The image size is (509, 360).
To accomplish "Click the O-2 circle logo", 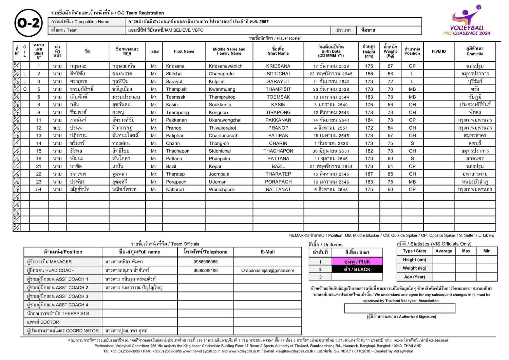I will [29, 23].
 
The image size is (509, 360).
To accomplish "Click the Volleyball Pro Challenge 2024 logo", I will [467, 21].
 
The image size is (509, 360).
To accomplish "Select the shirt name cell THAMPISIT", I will [278, 89].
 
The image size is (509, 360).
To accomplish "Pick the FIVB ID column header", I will [438, 52].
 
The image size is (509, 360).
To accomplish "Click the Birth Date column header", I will [331, 51].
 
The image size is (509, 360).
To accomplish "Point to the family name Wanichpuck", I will [222, 190].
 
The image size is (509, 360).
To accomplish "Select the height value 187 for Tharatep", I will [369, 174].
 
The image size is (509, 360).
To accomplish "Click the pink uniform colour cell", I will [357, 262].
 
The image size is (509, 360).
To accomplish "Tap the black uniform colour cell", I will [357, 269].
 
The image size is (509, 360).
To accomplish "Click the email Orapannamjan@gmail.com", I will [267, 271].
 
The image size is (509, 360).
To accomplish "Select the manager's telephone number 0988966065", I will [206, 262].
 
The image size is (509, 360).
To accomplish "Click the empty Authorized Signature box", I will [399, 308].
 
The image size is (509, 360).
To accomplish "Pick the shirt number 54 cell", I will [39, 190].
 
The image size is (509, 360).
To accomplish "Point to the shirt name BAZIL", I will [278, 167].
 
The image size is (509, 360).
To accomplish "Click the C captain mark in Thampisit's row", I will [25, 89].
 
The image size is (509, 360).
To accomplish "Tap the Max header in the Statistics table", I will [466, 251].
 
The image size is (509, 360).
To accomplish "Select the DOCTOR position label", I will [43, 322].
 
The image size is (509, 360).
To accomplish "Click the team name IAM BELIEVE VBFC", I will [166, 30].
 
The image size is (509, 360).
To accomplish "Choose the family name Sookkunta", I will [220, 105].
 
